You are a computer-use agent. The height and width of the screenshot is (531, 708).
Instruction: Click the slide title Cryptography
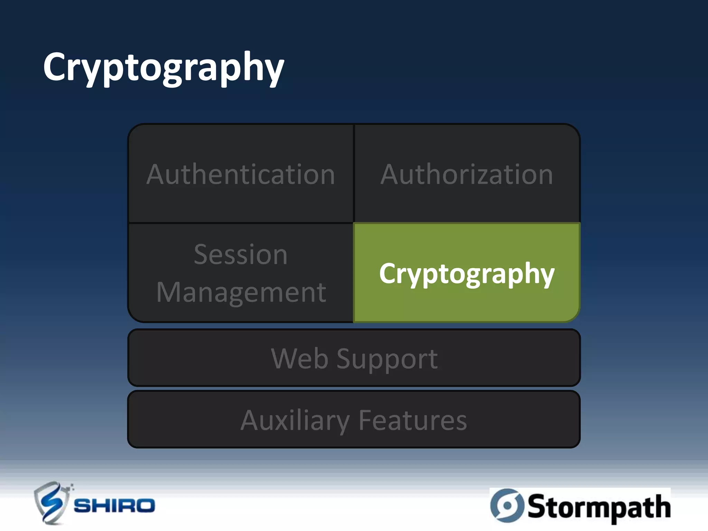coord(163,67)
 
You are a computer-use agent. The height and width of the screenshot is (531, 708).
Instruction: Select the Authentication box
coord(241,174)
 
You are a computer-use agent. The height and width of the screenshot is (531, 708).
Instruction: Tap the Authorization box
coord(467,174)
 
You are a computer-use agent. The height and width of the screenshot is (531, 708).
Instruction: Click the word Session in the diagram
coord(241,254)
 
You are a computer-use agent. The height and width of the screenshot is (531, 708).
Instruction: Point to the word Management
coord(241,292)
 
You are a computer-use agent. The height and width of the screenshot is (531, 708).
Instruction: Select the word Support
coord(387,360)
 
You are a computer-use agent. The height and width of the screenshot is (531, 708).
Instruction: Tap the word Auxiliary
coord(295,420)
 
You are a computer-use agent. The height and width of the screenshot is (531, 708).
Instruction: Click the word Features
coord(413,420)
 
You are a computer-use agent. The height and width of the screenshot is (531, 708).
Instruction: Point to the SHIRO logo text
coord(114,506)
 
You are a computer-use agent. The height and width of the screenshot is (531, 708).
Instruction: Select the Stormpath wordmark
coord(599,507)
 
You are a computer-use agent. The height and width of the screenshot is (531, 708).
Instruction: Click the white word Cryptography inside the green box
coord(467,274)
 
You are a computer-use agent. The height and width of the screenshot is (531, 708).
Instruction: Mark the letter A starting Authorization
coord(391,175)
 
